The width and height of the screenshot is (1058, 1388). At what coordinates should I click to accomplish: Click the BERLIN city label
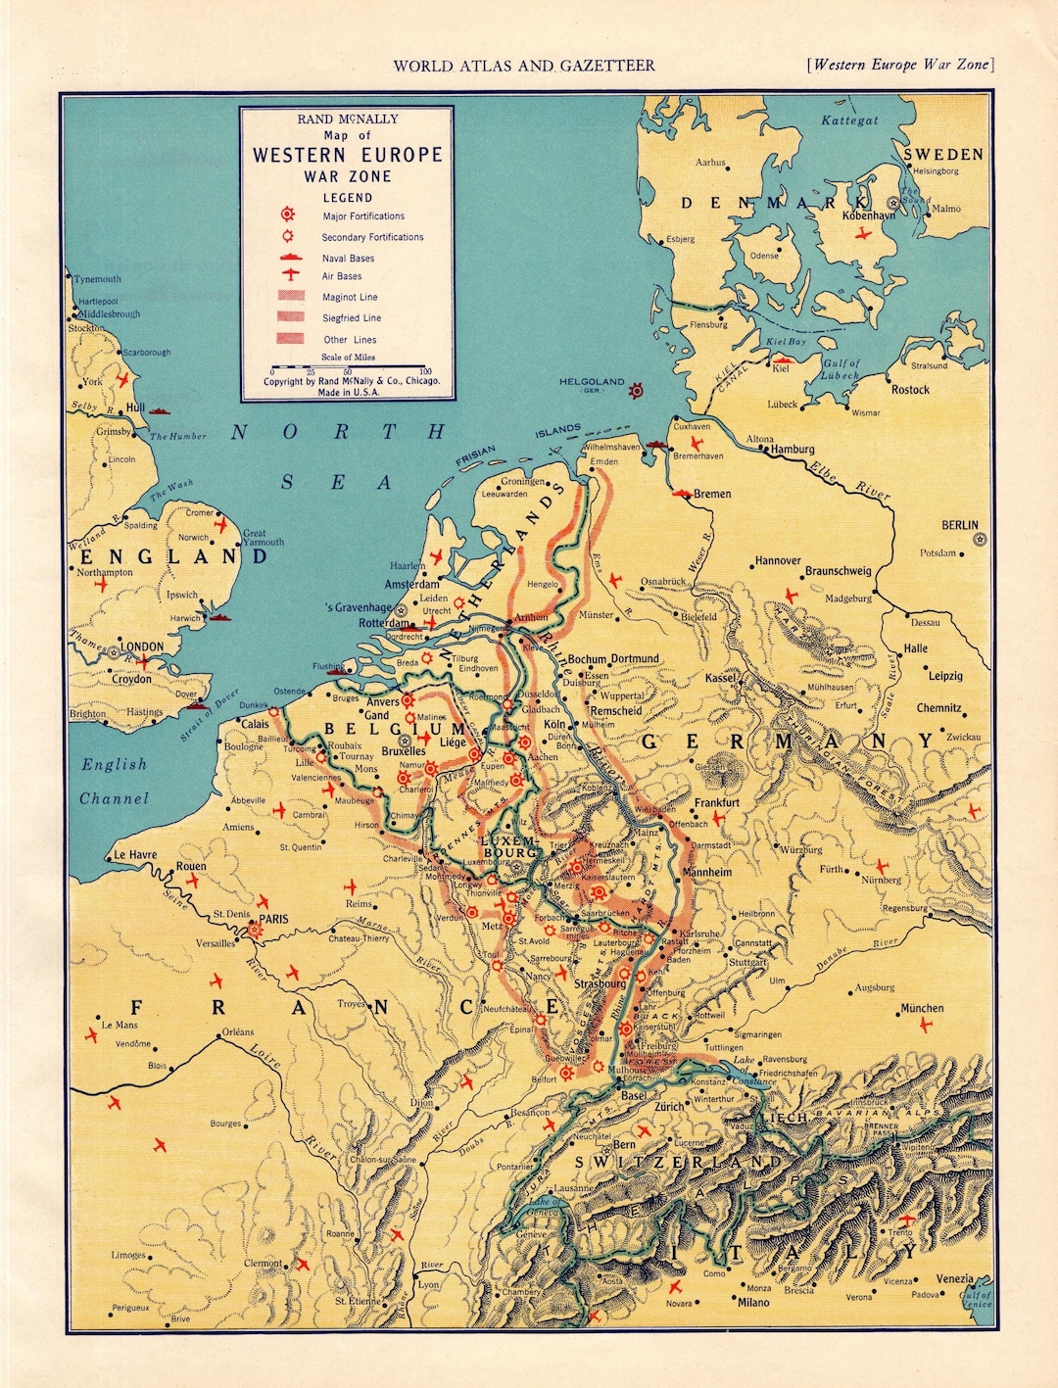(x=959, y=525)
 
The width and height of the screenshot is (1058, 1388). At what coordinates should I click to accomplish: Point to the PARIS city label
(x=274, y=919)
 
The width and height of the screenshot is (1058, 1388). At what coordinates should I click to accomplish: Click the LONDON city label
(x=143, y=647)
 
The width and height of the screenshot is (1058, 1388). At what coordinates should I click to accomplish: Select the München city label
(x=922, y=1008)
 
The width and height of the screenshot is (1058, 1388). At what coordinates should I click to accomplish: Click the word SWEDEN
(x=942, y=155)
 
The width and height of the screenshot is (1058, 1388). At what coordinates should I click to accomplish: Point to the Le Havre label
(x=135, y=854)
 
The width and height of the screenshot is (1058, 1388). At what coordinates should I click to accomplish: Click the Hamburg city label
(x=793, y=450)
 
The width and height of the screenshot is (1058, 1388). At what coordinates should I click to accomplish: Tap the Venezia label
(x=954, y=1278)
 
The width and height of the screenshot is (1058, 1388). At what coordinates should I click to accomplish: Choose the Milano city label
(x=753, y=1302)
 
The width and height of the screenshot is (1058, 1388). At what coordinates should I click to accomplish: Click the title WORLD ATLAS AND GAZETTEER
(x=524, y=66)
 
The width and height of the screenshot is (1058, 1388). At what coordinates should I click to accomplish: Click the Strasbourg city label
(x=600, y=983)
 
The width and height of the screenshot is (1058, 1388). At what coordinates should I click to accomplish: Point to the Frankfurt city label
(x=717, y=802)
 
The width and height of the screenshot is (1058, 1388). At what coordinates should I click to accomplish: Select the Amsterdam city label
(x=411, y=585)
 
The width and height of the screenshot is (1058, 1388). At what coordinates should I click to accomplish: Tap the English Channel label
(x=114, y=782)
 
